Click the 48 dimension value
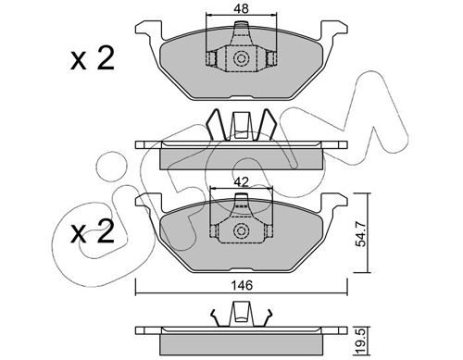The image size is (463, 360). click(x=241, y=9)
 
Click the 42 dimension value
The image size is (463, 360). click(x=241, y=182)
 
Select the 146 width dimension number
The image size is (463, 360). click(x=242, y=286)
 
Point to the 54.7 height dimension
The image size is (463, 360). click(x=361, y=235)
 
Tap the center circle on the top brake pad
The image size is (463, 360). click(x=241, y=58)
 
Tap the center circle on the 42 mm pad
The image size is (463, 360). click(x=241, y=230)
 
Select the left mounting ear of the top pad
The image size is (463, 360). click(x=148, y=30)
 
